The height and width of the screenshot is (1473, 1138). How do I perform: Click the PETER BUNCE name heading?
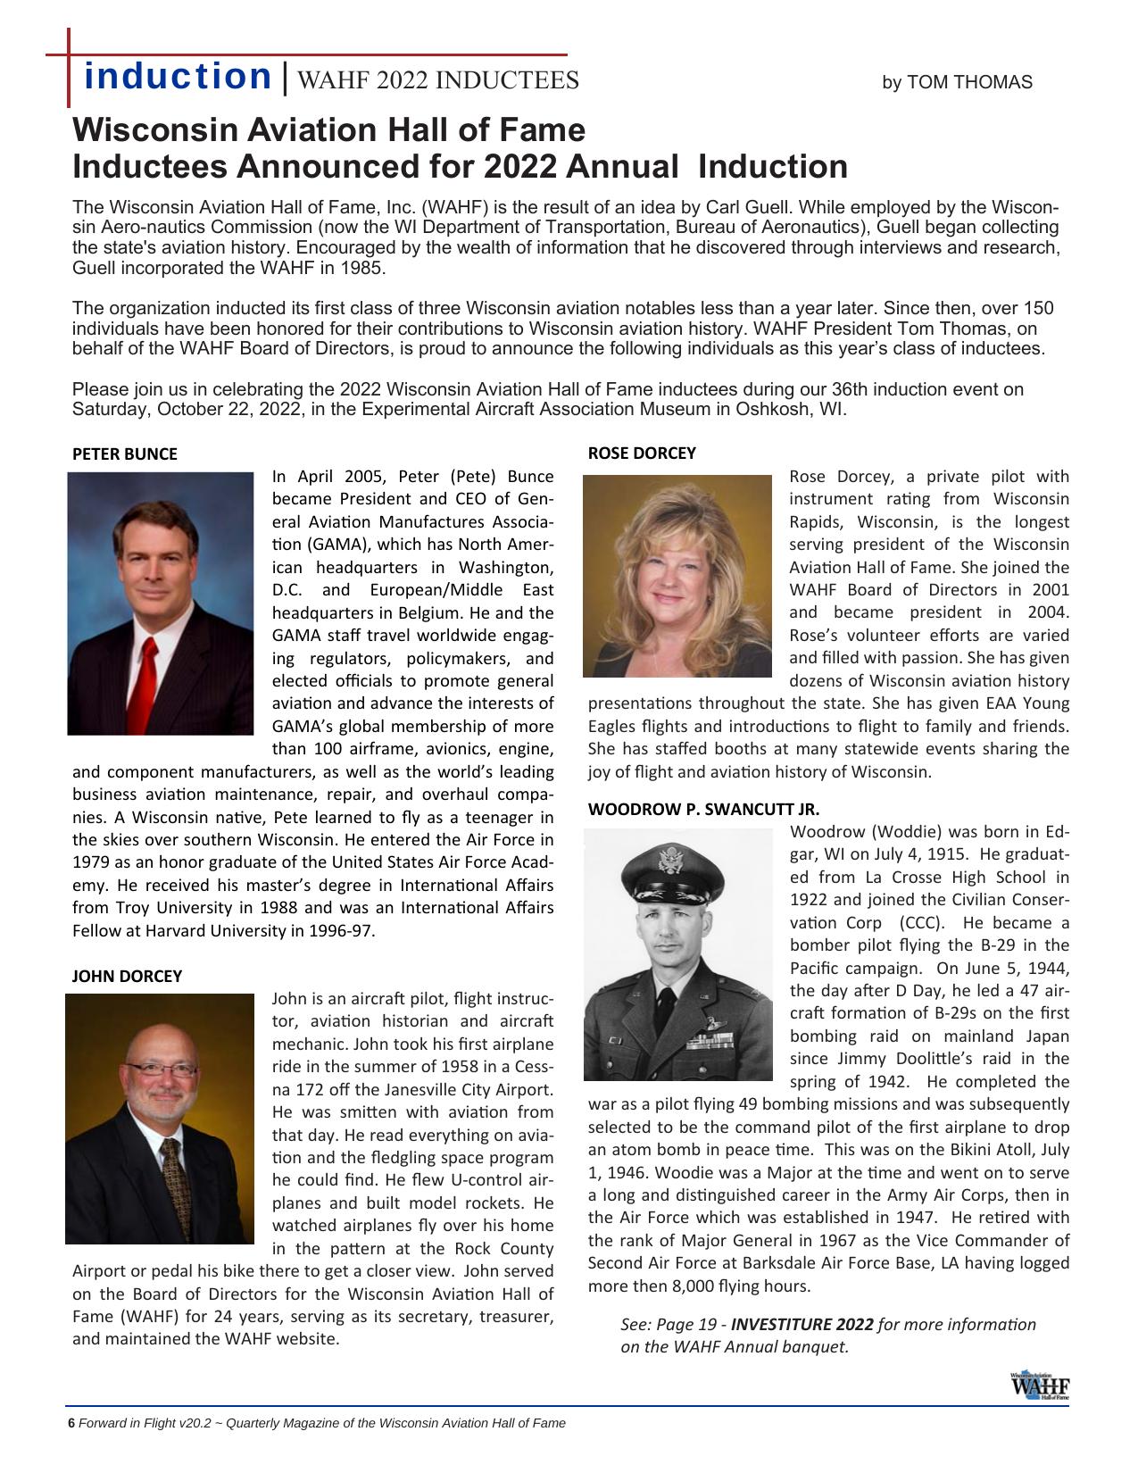coord(124,454)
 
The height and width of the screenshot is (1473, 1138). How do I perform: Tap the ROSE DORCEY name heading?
coord(641,453)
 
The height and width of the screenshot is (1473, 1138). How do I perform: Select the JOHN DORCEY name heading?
coord(126,976)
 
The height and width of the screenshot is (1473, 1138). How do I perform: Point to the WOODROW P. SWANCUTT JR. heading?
coord(703,810)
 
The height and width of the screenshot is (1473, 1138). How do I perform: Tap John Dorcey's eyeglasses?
coord(161,1069)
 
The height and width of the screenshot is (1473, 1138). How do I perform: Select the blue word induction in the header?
coord(178,77)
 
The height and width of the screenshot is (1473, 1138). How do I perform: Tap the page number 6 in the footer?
coord(71,1423)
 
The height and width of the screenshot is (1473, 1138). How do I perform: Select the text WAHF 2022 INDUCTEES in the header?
coord(437,81)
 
